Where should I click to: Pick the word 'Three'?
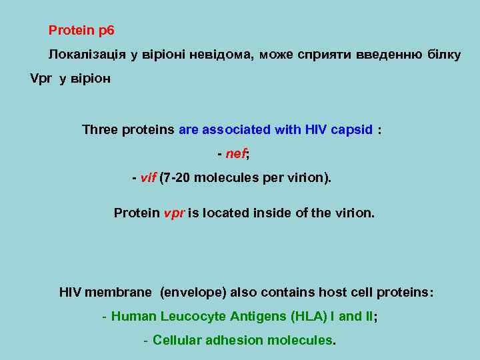click(x=100, y=129)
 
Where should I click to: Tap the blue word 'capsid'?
click(x=351, y=129)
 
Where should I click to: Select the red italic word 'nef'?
click(x=236, y=154)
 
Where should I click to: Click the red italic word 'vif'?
click(x=149, y=179)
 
